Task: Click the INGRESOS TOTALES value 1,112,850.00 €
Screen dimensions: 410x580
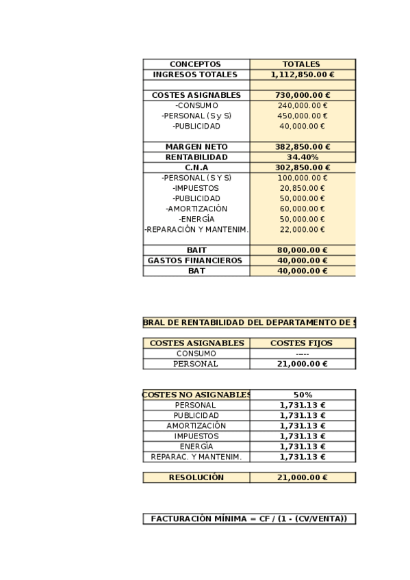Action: pyautogui.click(x=302, y=75)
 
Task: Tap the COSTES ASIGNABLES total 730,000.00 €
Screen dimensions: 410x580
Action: pyautogui.click(x=302, y=95)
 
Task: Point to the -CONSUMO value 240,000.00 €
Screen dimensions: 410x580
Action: pyautogui.click(x=302, y=105)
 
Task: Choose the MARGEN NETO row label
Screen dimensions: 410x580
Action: pyautogui.click(x=196, y=147)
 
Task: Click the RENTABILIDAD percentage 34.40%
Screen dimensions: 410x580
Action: pyautogui.click(x=302, y=157)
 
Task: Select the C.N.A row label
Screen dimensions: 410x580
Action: pyautogui.click(x=196, y=168)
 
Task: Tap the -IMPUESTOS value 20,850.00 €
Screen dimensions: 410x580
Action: pyautogui.click(x=302, y=188)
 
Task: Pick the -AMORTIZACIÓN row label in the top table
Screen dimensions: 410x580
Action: pyautogui.click(x=196, y=209)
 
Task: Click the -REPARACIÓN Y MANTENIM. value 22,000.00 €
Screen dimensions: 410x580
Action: pyautogui.click(x=302, y=229)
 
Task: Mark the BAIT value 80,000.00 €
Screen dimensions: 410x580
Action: pyautogui.click(x=302, y=250)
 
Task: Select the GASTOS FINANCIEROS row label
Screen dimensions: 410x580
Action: pyautogui.click(x=196, y=261)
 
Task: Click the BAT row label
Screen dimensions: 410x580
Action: pyautogui.click(x=196, y=271)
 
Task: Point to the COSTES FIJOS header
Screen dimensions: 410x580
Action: pyautogui.click(x=302, y=343)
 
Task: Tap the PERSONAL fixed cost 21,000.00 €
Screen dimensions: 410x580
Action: pyautogui.click(x=302, y=364)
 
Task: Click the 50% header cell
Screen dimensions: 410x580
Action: pyautogui.click(x=302, y=395)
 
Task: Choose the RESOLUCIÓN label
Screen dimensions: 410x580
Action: pyautogui.click(x=196, y=477)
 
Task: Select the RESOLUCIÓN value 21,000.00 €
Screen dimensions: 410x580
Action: pyautogui.click(x=302, y=477)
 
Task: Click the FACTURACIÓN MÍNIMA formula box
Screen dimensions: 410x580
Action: pyautogui.click(x=249, y=519)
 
